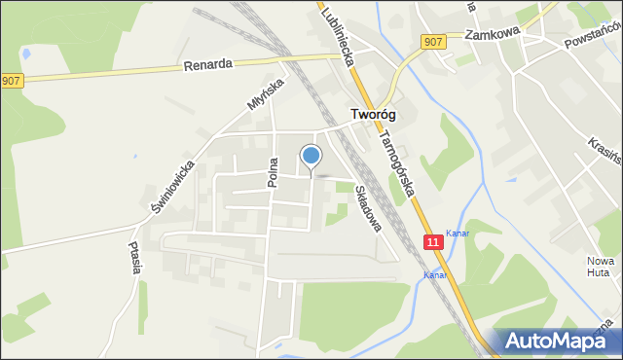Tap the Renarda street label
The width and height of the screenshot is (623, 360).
tap(207, 66)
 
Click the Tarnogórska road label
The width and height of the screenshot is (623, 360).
tap(399, 156)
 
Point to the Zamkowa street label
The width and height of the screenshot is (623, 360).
tap(493, 34)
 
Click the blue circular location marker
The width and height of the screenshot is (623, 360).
tap(311, 155)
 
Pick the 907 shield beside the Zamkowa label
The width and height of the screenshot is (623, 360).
tap(434, 41)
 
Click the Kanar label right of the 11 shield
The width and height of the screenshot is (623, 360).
tap(457, 233)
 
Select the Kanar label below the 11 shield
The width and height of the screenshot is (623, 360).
tap(433, 275)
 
